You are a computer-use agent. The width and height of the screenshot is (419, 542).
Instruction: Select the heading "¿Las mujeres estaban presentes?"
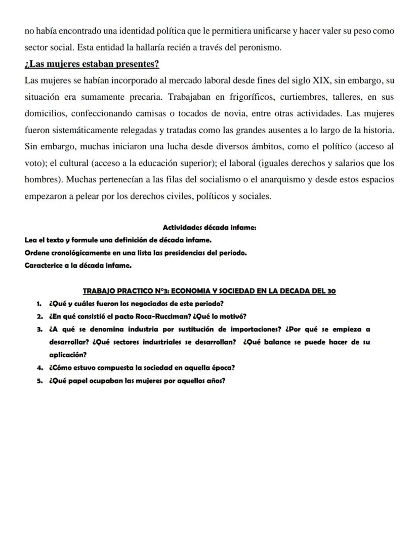(x=92, y=64)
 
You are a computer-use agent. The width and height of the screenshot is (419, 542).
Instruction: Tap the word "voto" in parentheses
(x=34, y=163)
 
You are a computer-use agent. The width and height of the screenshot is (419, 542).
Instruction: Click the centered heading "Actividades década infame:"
(x=209, y=228)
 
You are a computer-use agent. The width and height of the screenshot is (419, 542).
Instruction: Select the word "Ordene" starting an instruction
(x=36, y=253)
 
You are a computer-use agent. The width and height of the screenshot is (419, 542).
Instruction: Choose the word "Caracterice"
(x=45, y=265)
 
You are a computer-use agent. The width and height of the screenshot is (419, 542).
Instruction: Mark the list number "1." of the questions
(x=39, y=304)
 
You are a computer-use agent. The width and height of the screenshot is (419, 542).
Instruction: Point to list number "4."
(x=39, y=368)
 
